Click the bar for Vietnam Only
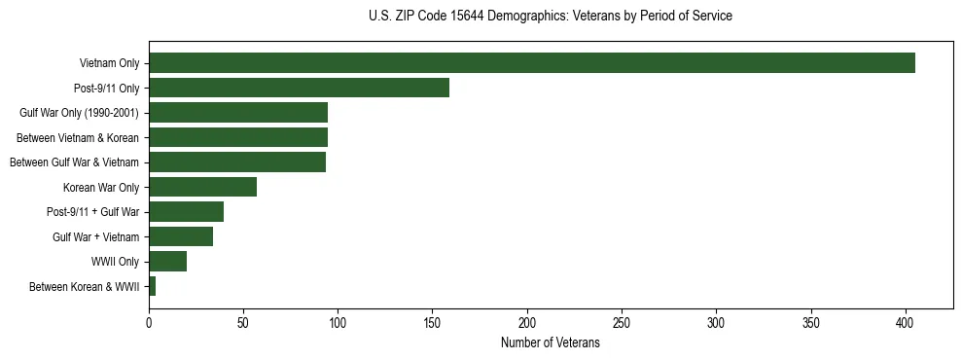coord(532,63)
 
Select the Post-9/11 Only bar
coord(299,88)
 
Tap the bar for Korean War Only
coord(202,187)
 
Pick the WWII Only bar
coord(167,262)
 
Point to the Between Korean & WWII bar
coord(153,286)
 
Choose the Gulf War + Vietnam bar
coord(181,236)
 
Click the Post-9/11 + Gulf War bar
coord(186,212)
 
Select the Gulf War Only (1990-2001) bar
coord(238,113)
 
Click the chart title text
coord(551,17)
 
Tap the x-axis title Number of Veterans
coord(551,343)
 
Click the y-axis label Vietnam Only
coord(109,63)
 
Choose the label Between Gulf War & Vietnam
coord(74,162)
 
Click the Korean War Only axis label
coord(101,187)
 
